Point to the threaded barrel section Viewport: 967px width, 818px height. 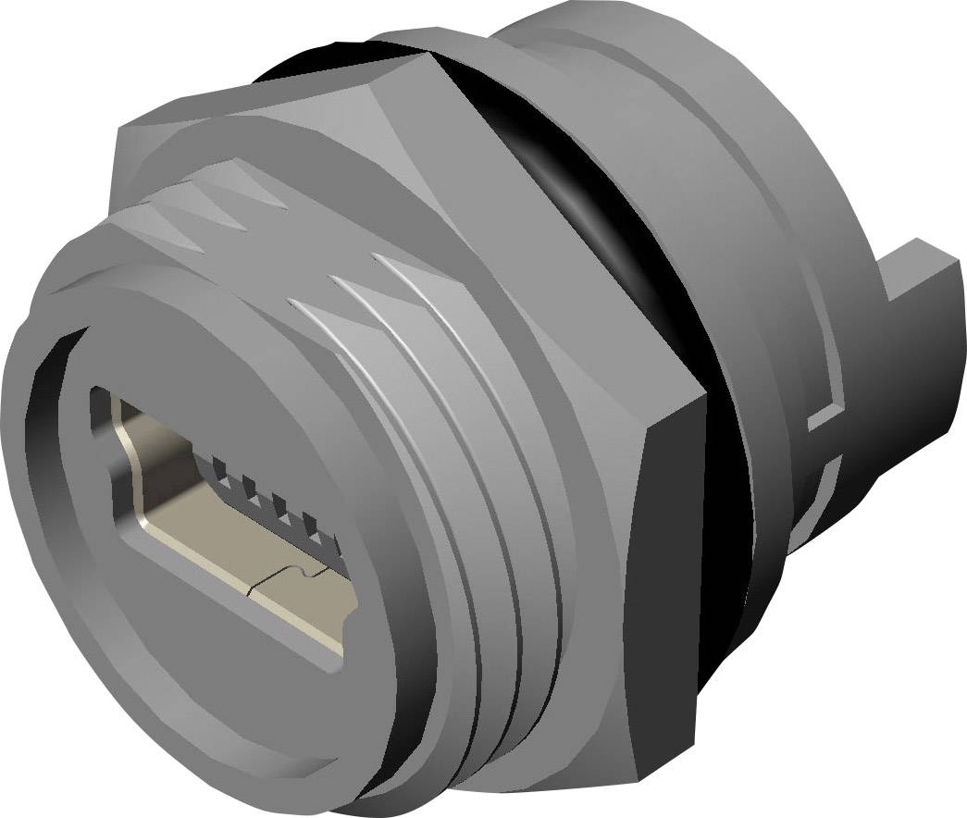coord(463,463)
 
